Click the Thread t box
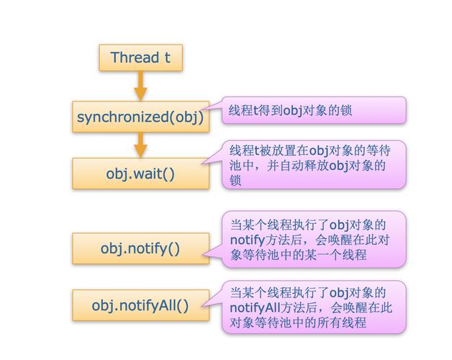click(140, 58)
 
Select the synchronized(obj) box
click(140, 117)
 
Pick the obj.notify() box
click(140, 248)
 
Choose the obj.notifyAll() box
click(140, 306)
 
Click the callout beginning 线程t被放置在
click(313, 165)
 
